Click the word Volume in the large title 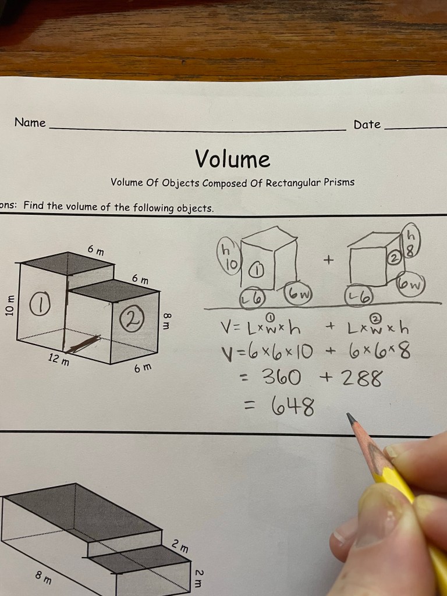233,158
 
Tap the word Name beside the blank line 30,122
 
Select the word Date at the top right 367,125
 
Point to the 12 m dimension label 59,359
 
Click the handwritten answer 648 293,407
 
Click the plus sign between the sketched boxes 328,260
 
